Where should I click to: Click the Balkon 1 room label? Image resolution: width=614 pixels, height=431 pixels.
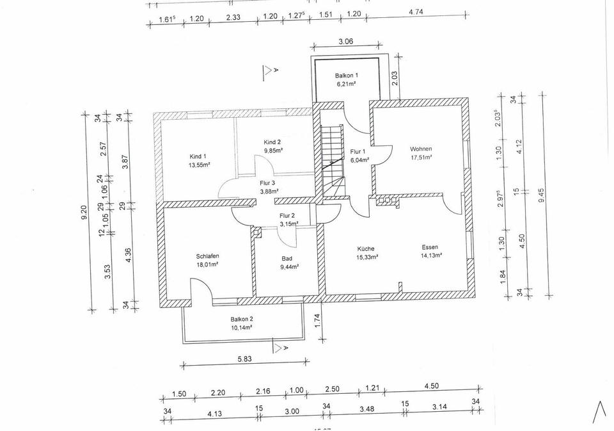347,76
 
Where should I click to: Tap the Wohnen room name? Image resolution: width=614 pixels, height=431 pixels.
421,149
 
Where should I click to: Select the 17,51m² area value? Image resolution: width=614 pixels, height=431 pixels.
421,157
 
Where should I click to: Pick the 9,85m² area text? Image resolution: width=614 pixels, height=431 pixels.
273,150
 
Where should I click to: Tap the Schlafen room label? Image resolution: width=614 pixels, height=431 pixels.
208,256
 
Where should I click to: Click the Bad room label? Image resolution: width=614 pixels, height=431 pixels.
287,259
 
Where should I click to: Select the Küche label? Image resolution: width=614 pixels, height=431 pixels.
366,248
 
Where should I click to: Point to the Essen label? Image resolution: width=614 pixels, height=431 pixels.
430,247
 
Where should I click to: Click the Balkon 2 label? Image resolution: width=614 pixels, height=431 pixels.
242,319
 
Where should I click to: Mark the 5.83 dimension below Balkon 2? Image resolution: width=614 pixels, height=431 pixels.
244,359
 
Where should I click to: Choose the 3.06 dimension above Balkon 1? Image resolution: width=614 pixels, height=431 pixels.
346,42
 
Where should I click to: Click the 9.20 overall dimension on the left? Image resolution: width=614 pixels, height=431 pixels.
84,212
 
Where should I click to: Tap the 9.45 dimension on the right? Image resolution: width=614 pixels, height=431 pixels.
542,195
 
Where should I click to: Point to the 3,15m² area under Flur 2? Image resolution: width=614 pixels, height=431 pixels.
288,224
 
